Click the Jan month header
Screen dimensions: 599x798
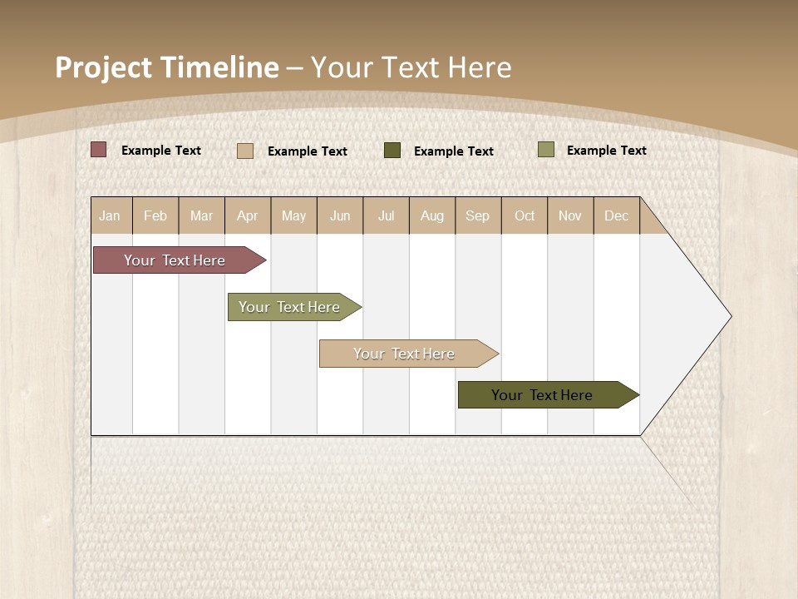tap(110, 215)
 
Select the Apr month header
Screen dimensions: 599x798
tap(248, 215)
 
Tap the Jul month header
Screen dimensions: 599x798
tap(386, 215)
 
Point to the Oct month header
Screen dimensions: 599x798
tap(525, 215)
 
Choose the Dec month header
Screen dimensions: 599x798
tap(617, 215)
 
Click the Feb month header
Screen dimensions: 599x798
tap(155, 215)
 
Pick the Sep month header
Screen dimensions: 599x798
tap(478, 215)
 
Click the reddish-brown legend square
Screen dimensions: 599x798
tap(99, 150)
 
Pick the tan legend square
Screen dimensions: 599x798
tap(245, 151)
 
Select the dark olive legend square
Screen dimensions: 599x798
tap(392, 150)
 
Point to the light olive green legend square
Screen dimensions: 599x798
tap(546, 150)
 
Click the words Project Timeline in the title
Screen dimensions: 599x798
tap(167, 67)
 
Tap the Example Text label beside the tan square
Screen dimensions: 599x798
tap(308, 151)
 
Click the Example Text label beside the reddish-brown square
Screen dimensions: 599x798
tap(161, 151)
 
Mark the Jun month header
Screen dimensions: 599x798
tap(340, 215)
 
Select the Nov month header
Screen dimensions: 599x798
tap(570, 215)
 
